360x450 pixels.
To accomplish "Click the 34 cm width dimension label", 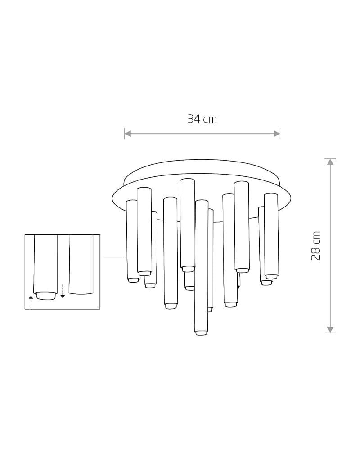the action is tap(202, 119).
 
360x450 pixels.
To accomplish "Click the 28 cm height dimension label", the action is tap(316, 246).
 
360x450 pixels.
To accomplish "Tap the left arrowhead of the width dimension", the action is tap(128, 134).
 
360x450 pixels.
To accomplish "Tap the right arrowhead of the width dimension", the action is tap(277, 134).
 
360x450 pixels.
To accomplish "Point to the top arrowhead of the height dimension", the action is tap(330, 162).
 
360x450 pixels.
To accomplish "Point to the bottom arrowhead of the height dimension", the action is tap(330, 329).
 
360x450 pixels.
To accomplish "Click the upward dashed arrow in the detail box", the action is tap(31, 302).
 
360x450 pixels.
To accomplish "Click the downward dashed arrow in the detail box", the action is tap(63, 291).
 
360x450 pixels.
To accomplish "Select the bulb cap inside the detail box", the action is tap(45, 296).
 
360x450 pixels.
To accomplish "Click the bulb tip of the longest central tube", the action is tap(201, 333).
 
